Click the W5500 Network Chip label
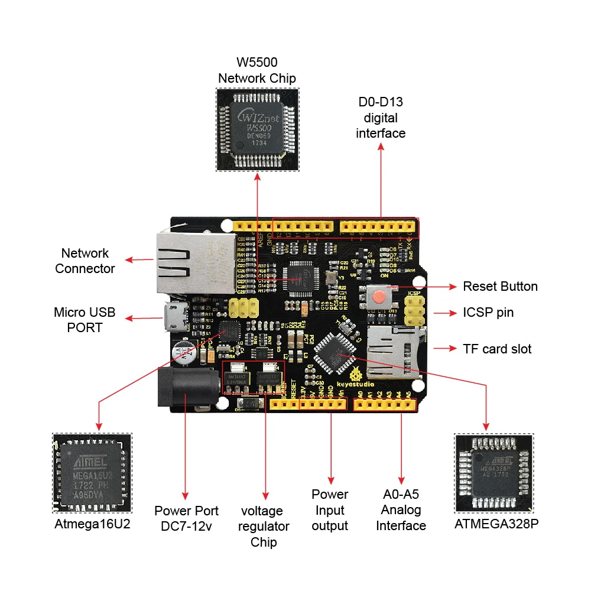pyautogui.click(x=257, y=70)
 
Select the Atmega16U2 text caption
pyautogui.click(x=92, y=524)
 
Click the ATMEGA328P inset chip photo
pyautogui.click(x=493, y=473)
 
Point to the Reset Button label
pyautogui.click(x=500, y=287)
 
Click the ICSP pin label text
pyautogui.click(x=488, y=313)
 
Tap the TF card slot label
pyautogui.click(x=497, y=349)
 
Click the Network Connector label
pyautogui.click(x=85, y=261)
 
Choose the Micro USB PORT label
pyautogui.click(x=85, y=320)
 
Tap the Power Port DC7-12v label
pyautogui.click(x=186, y=518)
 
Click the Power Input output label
pyautogui.click(x=330, y=510)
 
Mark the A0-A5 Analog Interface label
pyautogui.click(x=401, y=510)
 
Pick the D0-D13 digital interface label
pyautogui.click(x=381, y=118)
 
